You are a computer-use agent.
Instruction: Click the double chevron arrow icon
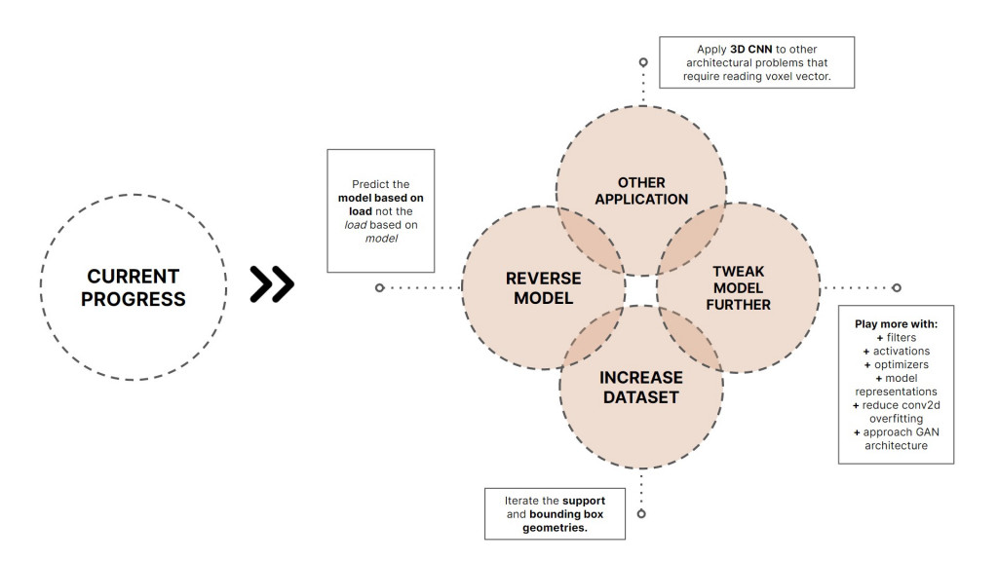tap(272, 283)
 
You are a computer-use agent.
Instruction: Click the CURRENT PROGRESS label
tap(134, 287)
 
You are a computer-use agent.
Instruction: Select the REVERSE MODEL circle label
tap(543, 288)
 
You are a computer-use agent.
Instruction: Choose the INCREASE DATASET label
tap(641, 387)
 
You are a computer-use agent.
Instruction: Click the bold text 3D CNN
tap(751, 49)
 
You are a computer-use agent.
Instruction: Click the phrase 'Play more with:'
tap(896, 322)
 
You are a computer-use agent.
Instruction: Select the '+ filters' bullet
tap(896, 337)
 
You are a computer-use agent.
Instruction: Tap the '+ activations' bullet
tap(896, 351)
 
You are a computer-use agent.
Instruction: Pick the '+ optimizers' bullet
tap(896, 364)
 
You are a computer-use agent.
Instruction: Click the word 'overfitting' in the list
tap(896, 418)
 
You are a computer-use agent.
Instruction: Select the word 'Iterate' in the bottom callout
tap(522, 501)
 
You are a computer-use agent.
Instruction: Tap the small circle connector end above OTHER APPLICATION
tap(643, 62)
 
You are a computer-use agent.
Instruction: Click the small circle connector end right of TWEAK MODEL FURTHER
tap(897, 287)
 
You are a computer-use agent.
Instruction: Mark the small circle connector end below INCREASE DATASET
tap(641, 513)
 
